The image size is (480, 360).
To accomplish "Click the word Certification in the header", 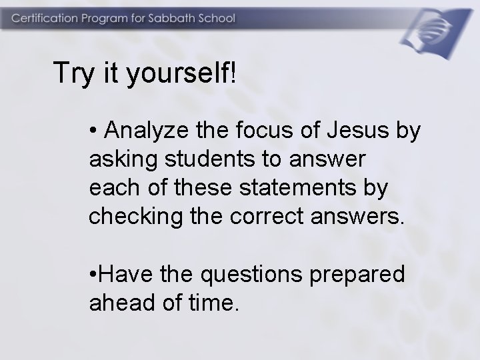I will [x=44, y=18].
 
